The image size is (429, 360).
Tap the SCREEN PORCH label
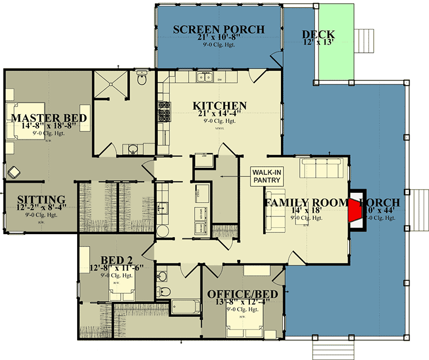tap(218, 29)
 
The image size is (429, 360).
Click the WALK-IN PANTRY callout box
tap(267, 175)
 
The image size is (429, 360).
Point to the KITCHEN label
tap(220, 106)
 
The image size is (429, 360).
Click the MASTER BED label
tap(49, 118)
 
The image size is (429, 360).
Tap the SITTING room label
tap(41, 200)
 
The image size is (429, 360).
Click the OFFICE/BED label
tap(242, 295)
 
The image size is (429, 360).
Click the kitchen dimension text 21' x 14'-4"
tap(220, 115)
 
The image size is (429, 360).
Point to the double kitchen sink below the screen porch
tap(204, 77)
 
